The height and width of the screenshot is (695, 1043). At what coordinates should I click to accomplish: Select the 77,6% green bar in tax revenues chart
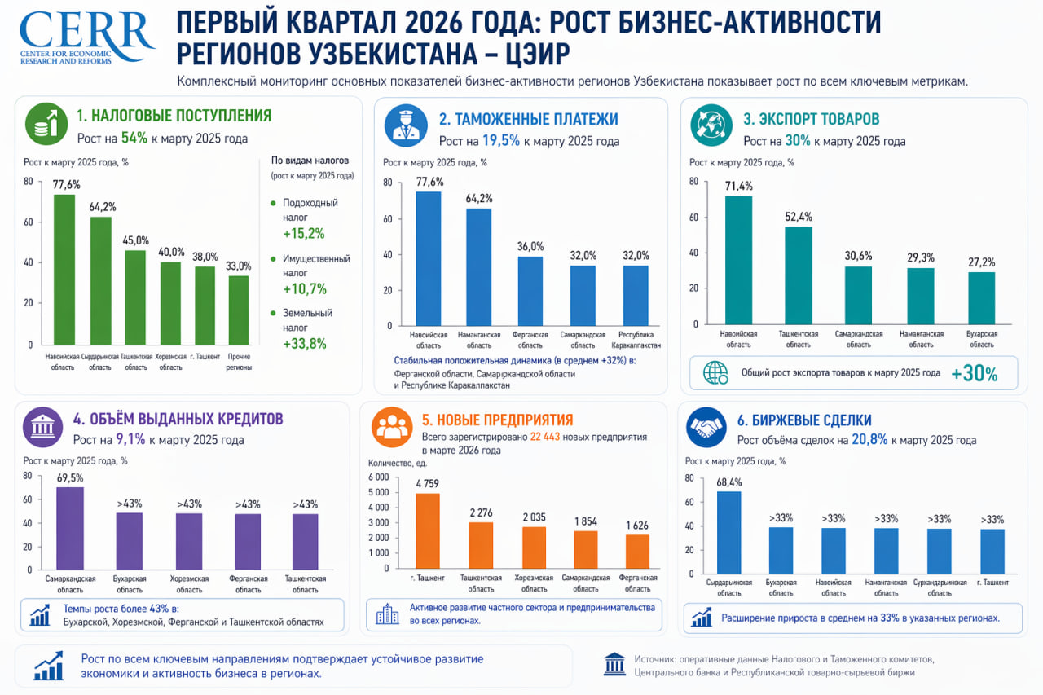pyautogui.click(x=64, y=269)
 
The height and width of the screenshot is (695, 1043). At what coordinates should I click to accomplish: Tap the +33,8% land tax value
pyautogui.click(x=304, y=343)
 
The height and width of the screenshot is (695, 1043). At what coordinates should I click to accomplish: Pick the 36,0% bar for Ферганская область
pyautogui.click(x=530, y=291)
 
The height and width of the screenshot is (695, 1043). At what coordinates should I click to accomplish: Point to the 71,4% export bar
pyautogui.click(x=738, y=260)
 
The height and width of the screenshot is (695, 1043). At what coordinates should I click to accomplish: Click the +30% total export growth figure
pyautogui.click(x=975, y=374)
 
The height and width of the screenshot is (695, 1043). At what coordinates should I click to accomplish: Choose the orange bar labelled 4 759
pyautogui.click(x=428, y=530)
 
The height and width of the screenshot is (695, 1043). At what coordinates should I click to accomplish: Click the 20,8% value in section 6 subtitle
pyautogui.click(x=869, y=440)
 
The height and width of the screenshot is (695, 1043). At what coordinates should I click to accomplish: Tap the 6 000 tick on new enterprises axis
pyautogui.click(x=380, y=477)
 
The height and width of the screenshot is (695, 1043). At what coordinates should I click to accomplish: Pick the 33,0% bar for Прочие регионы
pyautogui.click(x=239, y=310)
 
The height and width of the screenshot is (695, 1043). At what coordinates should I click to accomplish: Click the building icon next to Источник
pyautogui.click(x=614, y=664)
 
